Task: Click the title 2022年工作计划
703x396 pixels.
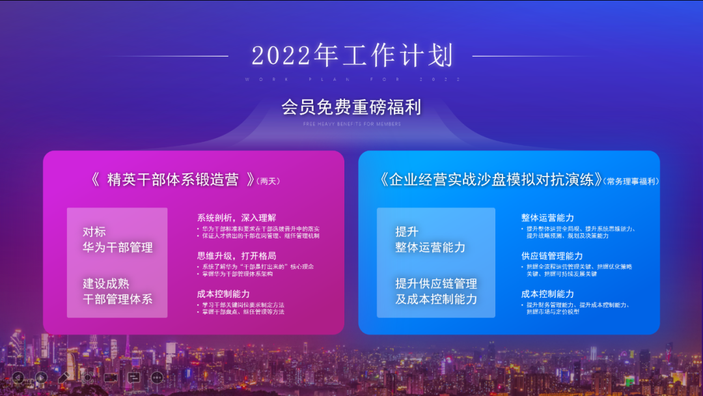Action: pyautogui.click(x=352, y=56)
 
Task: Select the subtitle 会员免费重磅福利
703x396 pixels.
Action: pyautogui.click(x=351, y=106)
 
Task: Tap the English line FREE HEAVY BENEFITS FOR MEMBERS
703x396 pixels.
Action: pyautogui.click(x=351, y=124)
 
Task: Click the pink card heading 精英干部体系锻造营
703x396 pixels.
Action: pyautogui.click(x=172, y=180)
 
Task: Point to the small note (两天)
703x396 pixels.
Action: pyautogui.click(x=269, y=181)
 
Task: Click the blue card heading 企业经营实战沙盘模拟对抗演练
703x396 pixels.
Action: pyautogui.click(x=489, y=180)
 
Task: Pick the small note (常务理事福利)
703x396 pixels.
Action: pyautogui.click(x=631, y=181)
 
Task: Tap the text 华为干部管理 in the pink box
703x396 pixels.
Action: pyautogui.click(x=118, y=247)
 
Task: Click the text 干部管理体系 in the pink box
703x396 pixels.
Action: pyautogui.click(x=118, y=299)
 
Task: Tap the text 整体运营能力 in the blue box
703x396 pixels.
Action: pyautogui.click(x=430, y=247)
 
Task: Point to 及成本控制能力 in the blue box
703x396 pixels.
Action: pyautogui.click(x=436, y=299)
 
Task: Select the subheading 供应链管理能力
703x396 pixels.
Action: pyautogui.click(x=552, y=256)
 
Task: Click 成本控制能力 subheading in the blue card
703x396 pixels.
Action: pyautogui.click(x=547, y=294)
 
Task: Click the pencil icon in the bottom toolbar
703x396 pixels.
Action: pyautogui.click(x=63, y=377)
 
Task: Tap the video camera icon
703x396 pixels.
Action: pyautogui.click(x=110, y=377)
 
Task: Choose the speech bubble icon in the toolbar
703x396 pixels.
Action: pyautogui.click(x=134, y=377)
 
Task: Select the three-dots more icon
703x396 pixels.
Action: pyautogui.click(x=157, y=377)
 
